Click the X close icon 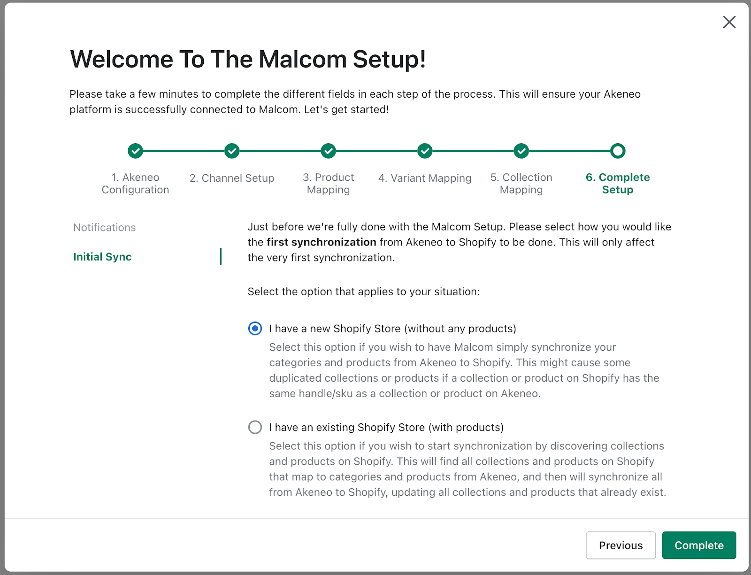point(729,22)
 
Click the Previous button point(621,545)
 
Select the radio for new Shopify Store point(255,329)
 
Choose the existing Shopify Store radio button point(255,427)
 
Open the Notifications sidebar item point(105,228)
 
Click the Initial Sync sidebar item point(102,257)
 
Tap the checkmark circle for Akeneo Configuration point(135,151)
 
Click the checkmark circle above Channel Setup point(232,151)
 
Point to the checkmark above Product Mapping point(329,151)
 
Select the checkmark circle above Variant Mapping point(425,151)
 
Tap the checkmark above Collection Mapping point(521,151)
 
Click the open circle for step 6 point(618,151)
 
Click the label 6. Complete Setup point(618,184)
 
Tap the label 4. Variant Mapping point(425,178)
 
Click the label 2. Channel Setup point(232,178)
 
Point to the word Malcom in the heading point(302,60)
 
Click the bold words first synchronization point(321,242)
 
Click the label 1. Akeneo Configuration point(135,184)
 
